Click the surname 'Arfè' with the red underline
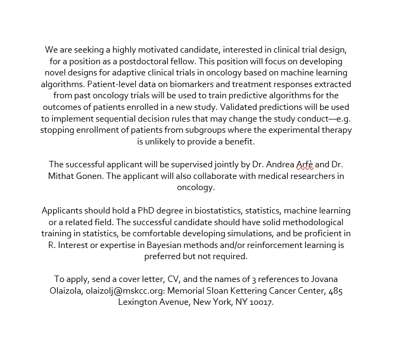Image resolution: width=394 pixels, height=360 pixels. tap(305, 165)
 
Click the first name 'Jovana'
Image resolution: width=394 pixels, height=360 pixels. tap(323, 279)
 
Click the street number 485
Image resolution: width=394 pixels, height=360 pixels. tap(336, 291)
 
